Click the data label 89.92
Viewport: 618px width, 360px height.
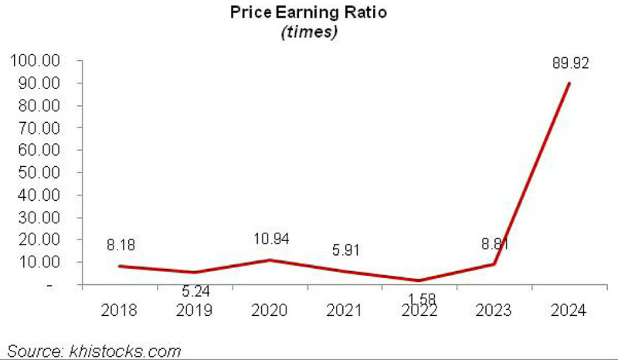[569, 65]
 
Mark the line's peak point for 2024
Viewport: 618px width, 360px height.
[570, 83]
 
